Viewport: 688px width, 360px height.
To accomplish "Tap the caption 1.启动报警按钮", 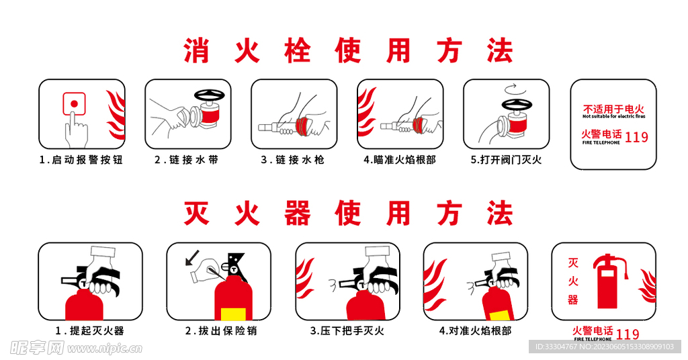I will pos(81,160).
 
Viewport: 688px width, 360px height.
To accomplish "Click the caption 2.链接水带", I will pos(186,160).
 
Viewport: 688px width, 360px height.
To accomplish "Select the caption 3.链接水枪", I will pos(292,160).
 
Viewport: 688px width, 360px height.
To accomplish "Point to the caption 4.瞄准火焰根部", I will pos(399,160).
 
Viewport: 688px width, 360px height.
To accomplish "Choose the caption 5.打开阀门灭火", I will pos(505,160).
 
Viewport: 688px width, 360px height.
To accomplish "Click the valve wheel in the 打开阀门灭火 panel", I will pos(515,105).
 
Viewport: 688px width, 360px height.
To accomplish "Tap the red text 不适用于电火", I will pos(613,109).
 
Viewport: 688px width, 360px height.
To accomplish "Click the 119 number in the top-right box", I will pos(636,137).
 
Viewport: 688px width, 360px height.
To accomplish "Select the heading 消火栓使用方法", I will pos(348,51).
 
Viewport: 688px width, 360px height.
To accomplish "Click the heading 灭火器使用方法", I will pos(348,214).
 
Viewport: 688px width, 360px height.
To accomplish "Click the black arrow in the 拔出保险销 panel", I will pos(193,257).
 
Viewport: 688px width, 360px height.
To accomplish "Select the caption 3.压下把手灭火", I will pos(347,330).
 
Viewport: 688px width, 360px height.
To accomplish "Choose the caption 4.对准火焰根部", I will pos(475,330).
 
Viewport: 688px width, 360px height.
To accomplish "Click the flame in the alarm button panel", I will pos(116,114).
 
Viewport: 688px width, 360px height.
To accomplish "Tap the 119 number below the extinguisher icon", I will pos(628,334).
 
